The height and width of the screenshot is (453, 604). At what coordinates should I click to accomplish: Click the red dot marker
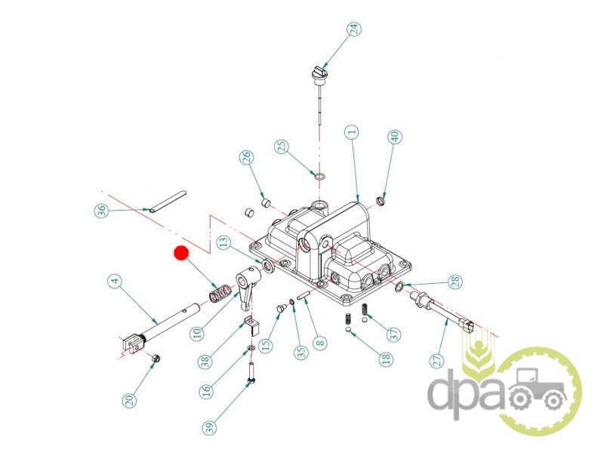point(181,253)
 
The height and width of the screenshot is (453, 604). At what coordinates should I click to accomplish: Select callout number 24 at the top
point(354,29)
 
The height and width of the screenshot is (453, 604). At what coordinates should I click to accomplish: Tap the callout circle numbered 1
point(352,133)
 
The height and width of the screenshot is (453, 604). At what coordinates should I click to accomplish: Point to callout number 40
point(395,137)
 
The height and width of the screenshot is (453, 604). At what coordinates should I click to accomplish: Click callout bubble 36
point(102,211)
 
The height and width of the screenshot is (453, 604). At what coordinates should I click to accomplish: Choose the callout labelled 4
point(115,281)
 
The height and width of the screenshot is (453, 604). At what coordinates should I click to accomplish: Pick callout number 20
point(130,400)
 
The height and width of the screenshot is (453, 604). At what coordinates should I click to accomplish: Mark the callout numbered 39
point(209,427)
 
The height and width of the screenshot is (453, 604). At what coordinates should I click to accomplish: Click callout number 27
point(437,361)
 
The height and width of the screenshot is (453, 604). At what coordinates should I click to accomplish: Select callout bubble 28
point(455,281)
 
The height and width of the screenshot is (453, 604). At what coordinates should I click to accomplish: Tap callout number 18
point(386,358)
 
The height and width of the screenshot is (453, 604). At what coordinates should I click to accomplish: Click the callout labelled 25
point(282,146)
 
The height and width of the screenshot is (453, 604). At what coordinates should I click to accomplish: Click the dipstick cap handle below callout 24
point(318,72)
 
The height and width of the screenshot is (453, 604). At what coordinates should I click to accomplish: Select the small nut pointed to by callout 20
point(156,359)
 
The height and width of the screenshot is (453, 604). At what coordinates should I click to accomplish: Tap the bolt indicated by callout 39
point(251,373)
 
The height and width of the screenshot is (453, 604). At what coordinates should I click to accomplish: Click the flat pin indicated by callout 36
point(168,202)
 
